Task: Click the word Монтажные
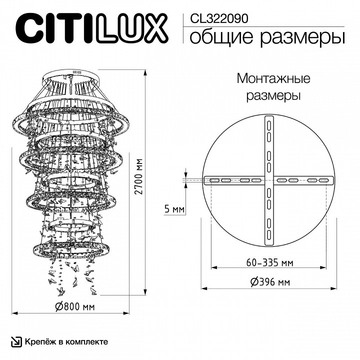273,78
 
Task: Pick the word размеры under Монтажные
273,95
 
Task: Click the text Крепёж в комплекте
65,341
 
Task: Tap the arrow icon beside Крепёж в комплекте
16,341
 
